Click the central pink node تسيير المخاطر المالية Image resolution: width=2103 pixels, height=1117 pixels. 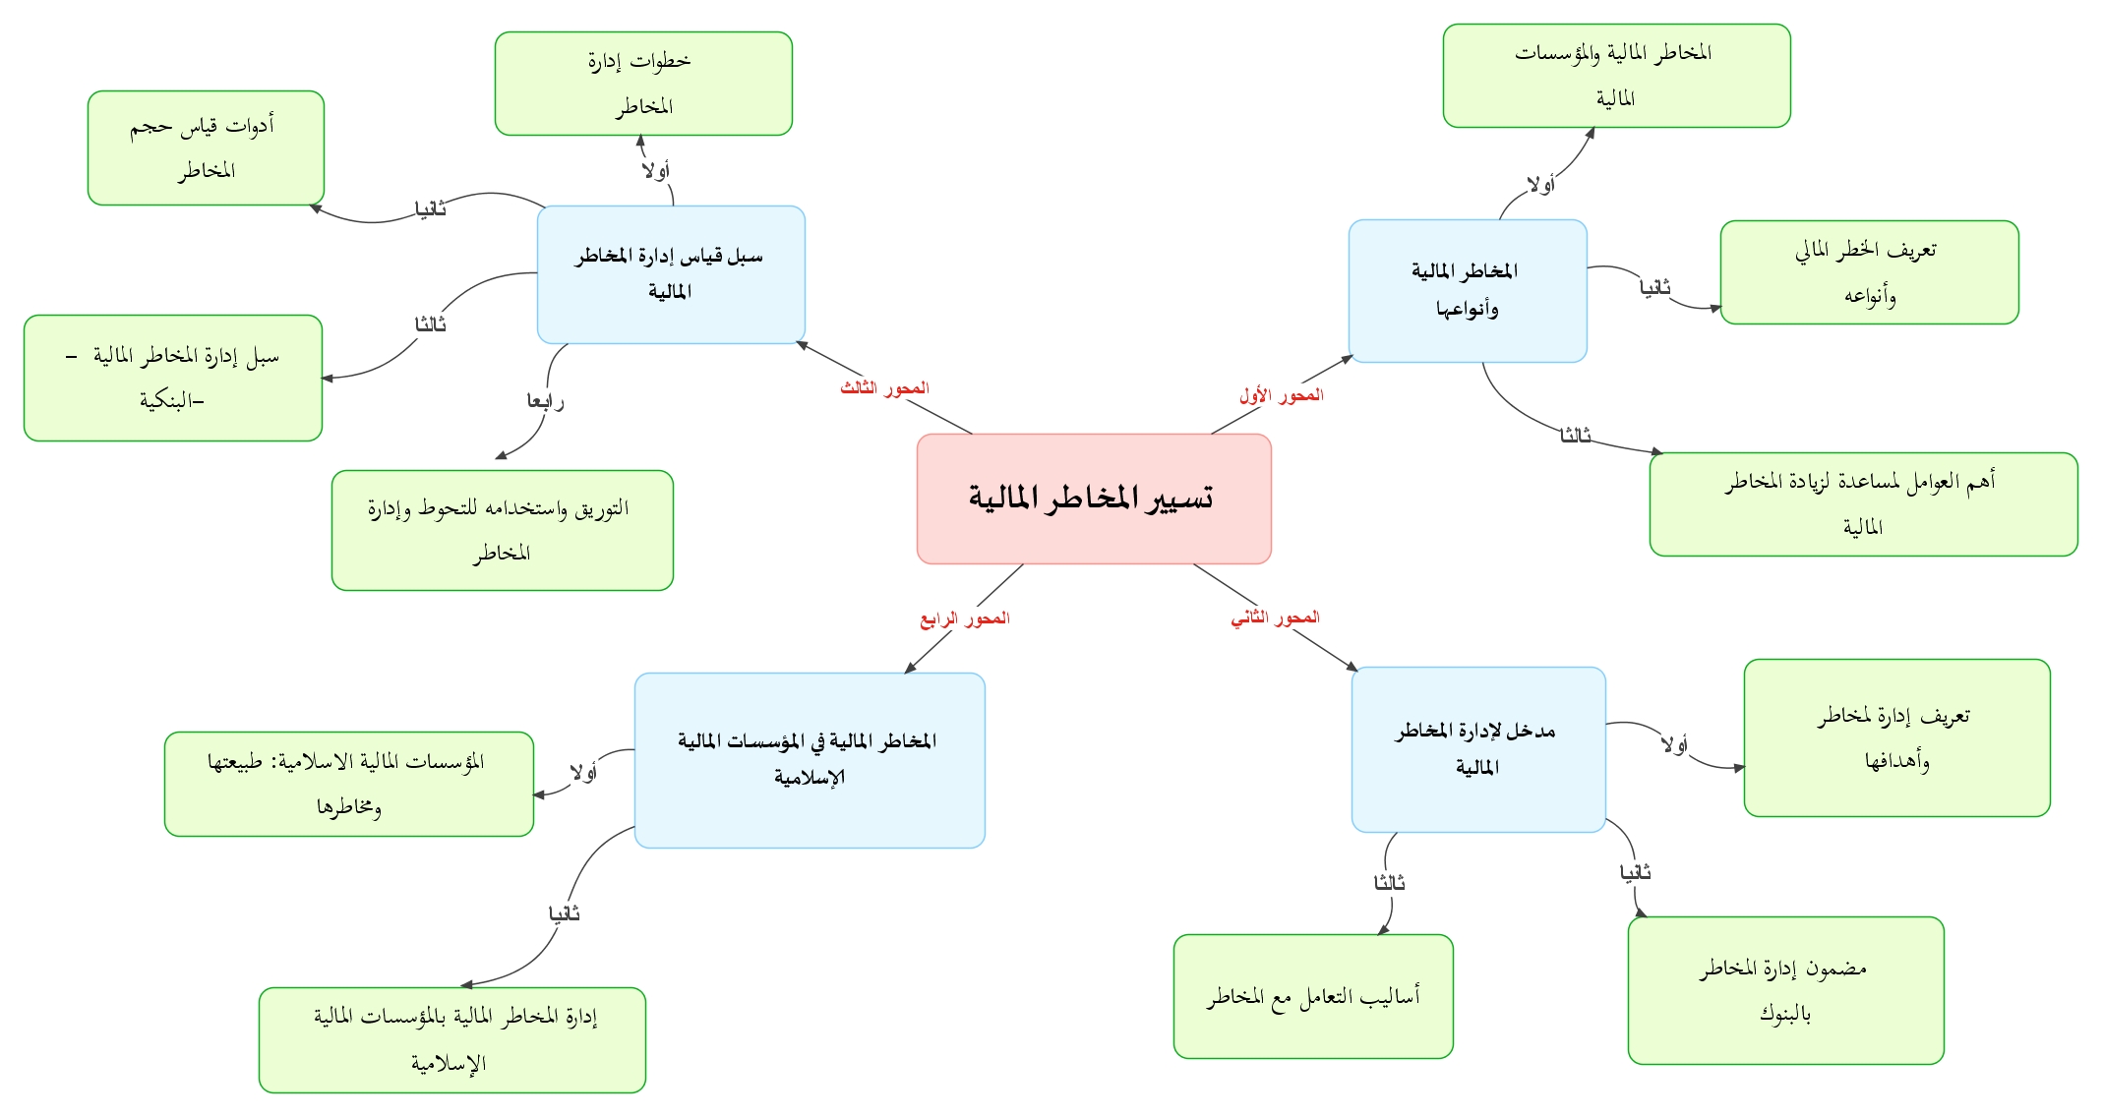point(1094,499)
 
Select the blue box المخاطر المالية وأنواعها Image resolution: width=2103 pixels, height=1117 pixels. point(1468,290)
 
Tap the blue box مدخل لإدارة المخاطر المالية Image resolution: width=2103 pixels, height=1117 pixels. point(1478,749)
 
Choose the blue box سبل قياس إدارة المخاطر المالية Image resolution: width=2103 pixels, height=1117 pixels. point(671,274)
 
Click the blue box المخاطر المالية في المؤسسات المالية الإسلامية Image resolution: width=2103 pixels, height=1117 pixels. point(810,760)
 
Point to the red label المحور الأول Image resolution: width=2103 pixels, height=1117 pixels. point(1281,395)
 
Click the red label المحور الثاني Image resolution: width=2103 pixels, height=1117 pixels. point(1275,617)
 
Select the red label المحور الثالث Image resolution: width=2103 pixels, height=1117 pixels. point(884,388)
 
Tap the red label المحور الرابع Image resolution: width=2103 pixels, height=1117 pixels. point(965,618)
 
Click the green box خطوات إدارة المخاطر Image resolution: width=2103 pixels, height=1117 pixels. point(643,84)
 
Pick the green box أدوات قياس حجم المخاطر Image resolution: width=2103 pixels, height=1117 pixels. point(206,148)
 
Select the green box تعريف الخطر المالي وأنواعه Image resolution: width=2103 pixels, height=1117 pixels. point(1869,272)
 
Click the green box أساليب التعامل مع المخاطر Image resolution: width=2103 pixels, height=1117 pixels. point(1313,996)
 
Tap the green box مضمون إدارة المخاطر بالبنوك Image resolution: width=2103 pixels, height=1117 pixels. point(1785,990)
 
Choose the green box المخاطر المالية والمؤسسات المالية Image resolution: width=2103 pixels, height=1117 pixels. point(1616,76)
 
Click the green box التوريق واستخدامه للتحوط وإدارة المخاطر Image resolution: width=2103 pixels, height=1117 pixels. point(502,530)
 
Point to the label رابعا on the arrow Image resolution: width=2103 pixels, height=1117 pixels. point(545,401)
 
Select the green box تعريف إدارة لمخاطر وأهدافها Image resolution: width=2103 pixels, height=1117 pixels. point(1896,737)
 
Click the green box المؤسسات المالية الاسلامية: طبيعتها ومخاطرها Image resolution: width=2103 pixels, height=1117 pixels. point(349,784)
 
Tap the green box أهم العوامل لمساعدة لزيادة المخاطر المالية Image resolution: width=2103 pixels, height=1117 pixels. point(1863,504)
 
